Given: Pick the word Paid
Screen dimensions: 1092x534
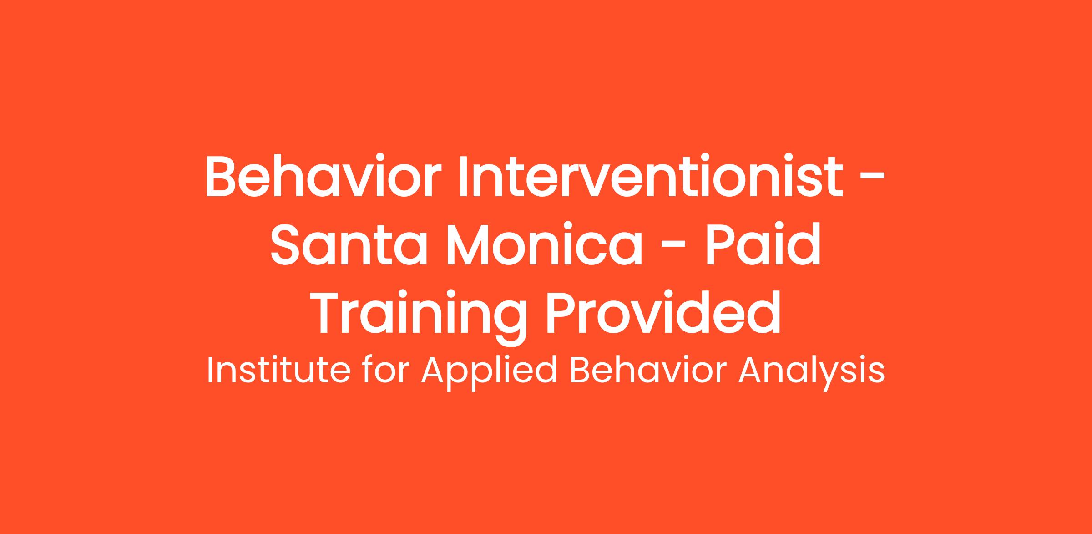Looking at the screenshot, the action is [763, 245].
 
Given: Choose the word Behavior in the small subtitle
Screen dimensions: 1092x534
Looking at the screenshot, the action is [647, 370].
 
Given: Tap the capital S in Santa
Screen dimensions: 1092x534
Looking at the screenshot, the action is [288, 245].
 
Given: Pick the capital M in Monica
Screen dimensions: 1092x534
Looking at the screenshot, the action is [469, 245].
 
